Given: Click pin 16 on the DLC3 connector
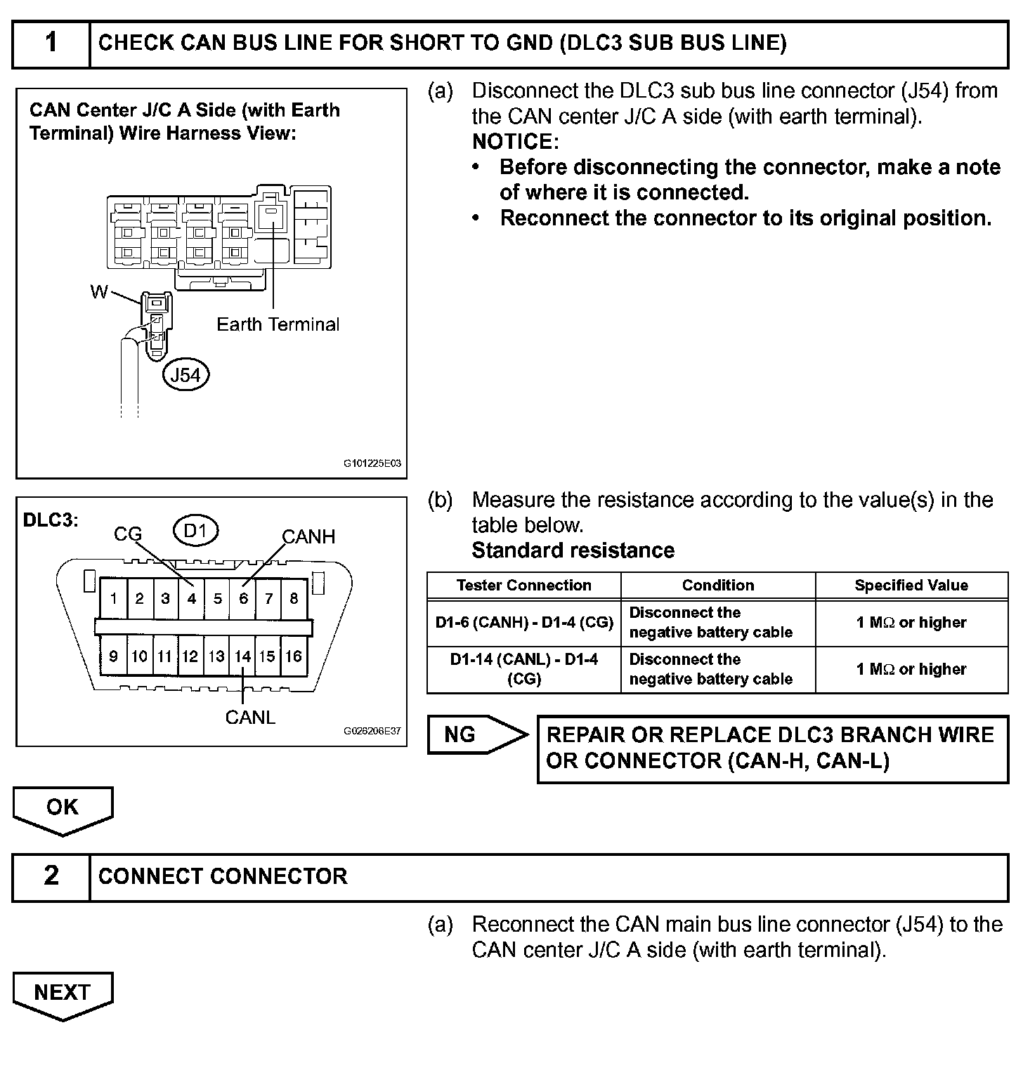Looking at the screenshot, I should coord(294,656).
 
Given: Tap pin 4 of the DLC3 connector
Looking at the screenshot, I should coord(191,599).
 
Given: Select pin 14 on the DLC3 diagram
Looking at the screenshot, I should coord(242,656).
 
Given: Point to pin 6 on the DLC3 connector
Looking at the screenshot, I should coord(243,599).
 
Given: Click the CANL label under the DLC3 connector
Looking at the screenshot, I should coord(250,718).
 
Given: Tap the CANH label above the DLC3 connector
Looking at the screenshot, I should coord(308,537).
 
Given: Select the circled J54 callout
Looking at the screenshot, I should coord(186,375).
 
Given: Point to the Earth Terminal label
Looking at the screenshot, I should coord(278,324).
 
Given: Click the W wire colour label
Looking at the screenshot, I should coord(99,292).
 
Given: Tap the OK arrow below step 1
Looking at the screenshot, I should coord(63,808).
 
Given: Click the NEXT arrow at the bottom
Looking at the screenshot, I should coord(63,993).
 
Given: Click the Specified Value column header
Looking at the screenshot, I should coord(911,586).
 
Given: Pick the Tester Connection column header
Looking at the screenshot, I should coord(523,586).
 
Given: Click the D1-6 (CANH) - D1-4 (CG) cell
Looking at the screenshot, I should coord(523,623).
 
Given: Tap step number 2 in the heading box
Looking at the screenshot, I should coord(51,876).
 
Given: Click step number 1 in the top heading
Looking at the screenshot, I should coord(51,44).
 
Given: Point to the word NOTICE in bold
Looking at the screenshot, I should coord(514,142).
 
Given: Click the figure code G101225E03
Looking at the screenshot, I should coord(372,464).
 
